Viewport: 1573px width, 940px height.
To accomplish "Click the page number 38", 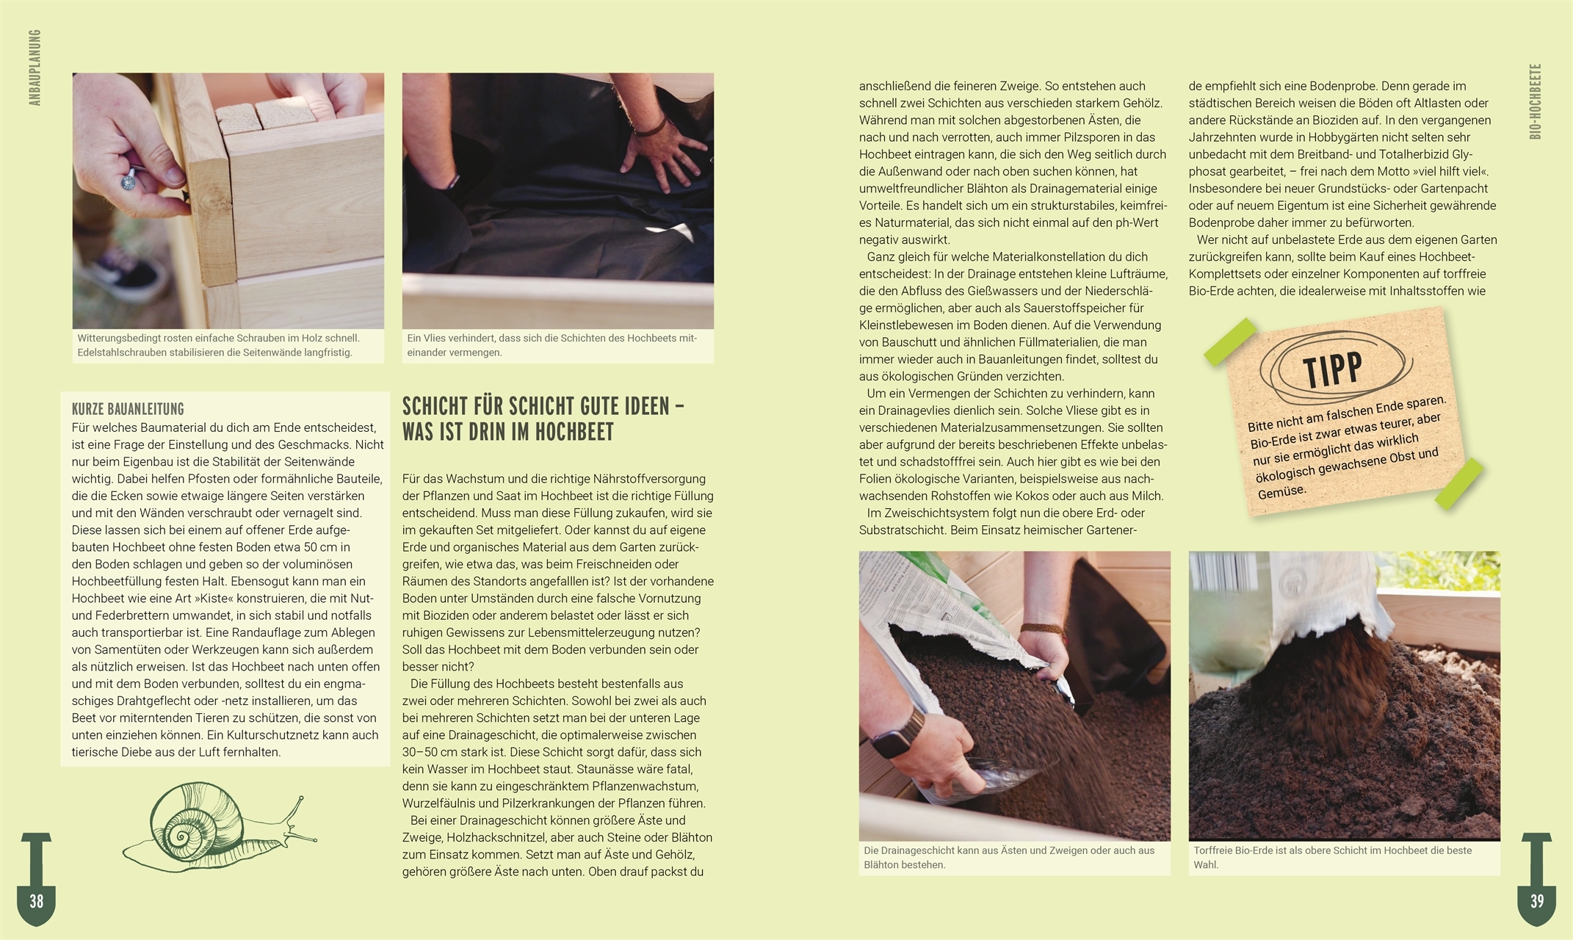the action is click(36, 901).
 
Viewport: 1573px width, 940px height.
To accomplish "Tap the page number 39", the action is click(1536, 901).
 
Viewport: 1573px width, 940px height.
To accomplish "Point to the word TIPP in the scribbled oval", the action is click(1332, 370).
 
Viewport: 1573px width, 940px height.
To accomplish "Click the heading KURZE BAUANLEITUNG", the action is click(128, 409).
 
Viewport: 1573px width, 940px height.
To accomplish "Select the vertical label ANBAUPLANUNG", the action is click(35, 68).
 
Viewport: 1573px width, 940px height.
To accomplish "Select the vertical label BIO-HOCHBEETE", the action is click(1536, 101).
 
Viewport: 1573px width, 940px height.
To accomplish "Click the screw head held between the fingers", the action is click(131, 176).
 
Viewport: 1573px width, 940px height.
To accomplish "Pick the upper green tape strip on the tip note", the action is click(1231, 341).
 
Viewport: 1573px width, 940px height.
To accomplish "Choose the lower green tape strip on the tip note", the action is click(1458, 484).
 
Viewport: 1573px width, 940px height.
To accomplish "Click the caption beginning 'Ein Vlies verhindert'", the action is click(552, 345).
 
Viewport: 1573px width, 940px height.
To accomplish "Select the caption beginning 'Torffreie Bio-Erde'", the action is click(1332, 857).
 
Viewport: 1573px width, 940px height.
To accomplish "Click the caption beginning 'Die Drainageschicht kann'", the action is click(1009, 857).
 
